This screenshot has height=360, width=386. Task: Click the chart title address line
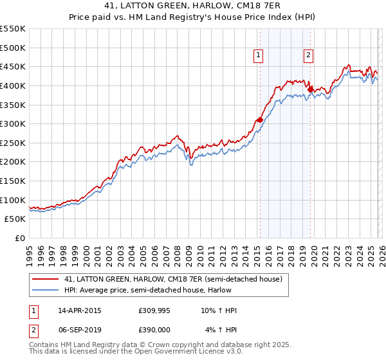pyautogui.click(x=192, y=6)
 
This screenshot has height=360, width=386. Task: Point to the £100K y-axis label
pyautogui.click(x=13, y=200)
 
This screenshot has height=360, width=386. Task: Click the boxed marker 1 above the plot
pyautogui.click(x=258, y=56)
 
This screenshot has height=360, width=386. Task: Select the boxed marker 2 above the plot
pyautogui.click(x=308, y=56)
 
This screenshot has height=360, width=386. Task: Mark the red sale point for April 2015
pyautogui.click(x=259, y=120)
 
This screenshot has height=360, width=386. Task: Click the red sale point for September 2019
pyautogui.click(x=310, y=89)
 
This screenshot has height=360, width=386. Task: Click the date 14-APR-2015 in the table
pyautogui.click(x=79, y=310)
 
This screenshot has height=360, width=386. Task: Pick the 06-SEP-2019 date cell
pyautogui.click(x=79, y=329)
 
